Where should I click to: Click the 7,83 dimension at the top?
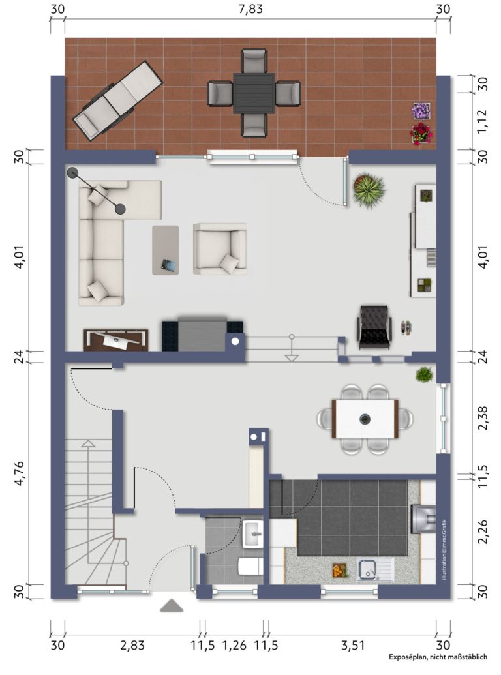point(250,9)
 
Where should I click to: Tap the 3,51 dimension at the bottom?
point(353,645)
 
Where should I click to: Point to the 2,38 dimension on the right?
point(483,417)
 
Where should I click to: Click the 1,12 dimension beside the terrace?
point(483,121)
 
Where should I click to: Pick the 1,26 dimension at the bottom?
point(235,645)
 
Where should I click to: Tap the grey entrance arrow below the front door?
point(172,605)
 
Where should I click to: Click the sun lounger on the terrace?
point(117,100)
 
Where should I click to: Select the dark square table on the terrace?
point(254,93)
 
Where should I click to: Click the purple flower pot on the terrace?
point(421,111)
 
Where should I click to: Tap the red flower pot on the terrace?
point(421,134)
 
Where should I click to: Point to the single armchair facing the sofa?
point(220,249)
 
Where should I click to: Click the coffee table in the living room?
point(166,250)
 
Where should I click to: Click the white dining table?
point(365,419)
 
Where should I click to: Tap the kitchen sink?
point(375,569)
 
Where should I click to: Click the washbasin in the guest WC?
point(253,533)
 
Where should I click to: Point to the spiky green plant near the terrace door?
point(369,190)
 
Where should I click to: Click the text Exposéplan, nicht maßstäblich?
point(438,657)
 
